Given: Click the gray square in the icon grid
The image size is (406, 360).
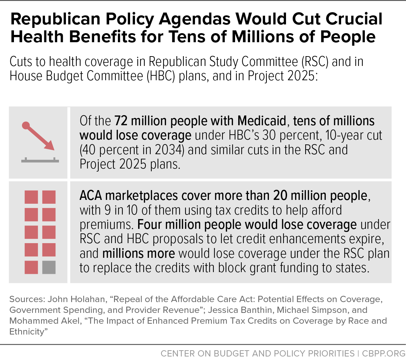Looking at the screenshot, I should click(x=49, y=268).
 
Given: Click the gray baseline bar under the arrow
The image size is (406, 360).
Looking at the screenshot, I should click(x=40, y=161).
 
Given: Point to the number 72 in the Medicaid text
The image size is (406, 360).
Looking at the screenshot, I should click(x=121, y=121).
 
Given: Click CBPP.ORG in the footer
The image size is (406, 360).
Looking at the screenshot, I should click(x=382, y=353).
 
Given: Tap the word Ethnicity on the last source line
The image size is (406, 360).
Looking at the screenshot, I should click(x=28, y=331).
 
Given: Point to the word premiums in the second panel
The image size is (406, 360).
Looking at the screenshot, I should click(x=106, y=224).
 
